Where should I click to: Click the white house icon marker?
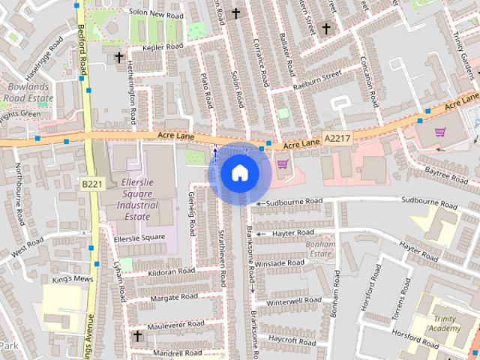[x=238, y=172]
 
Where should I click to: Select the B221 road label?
[x=91, y=184]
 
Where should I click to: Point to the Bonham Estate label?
[x=320, y=249]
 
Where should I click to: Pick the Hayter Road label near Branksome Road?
[x=292, y=234]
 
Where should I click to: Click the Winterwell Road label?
[x=294, y=301]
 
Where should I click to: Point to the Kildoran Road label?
[x=171, y=271]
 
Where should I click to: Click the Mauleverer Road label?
[x=175, y=325]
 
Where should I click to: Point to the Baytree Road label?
[x=441, y=172]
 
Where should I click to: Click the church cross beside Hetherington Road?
[x=118, y=57]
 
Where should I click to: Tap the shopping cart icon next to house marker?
[x=282, y=164]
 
